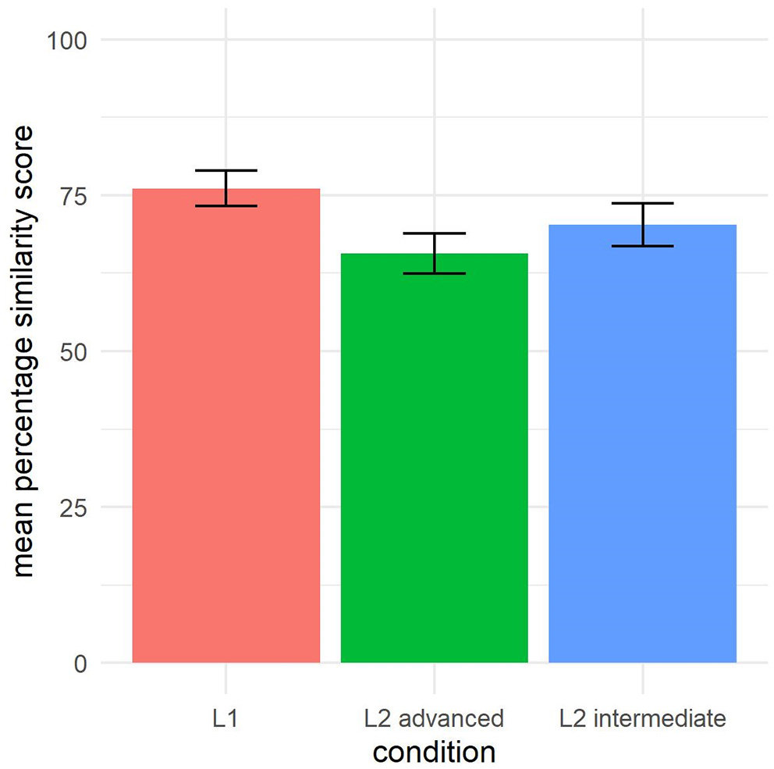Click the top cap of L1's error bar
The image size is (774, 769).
[225, 170]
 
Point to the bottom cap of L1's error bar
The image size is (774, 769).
[225, 205]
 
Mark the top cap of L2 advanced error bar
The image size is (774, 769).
[434, 233]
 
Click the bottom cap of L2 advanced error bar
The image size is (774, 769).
[434, 273]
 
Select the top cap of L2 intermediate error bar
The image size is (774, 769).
[642, 203]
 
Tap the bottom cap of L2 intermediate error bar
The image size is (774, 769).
[642, 246]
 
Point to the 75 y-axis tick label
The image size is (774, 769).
[75, 195]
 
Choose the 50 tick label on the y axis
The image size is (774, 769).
[75, 351]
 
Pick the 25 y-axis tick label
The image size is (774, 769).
[75, 507]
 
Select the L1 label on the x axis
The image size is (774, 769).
[225, 718]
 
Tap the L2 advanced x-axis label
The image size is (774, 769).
[434, 718]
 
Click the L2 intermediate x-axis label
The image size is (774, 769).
[642, 718]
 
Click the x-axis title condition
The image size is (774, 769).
[434, 752]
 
